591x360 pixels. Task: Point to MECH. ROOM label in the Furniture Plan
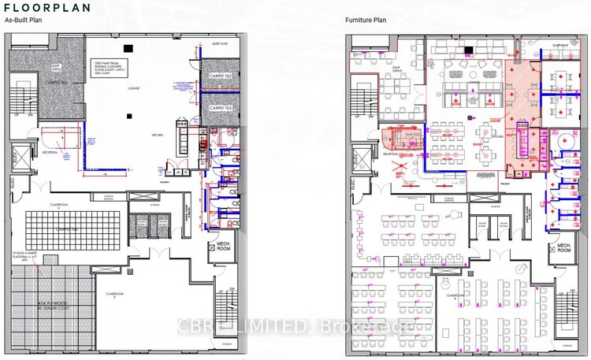coord(562,251)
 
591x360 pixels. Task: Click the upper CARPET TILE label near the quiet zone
coord(220,75)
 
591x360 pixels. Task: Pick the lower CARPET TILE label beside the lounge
coord(220,107)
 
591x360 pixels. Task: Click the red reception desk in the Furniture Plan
coord(400,141)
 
